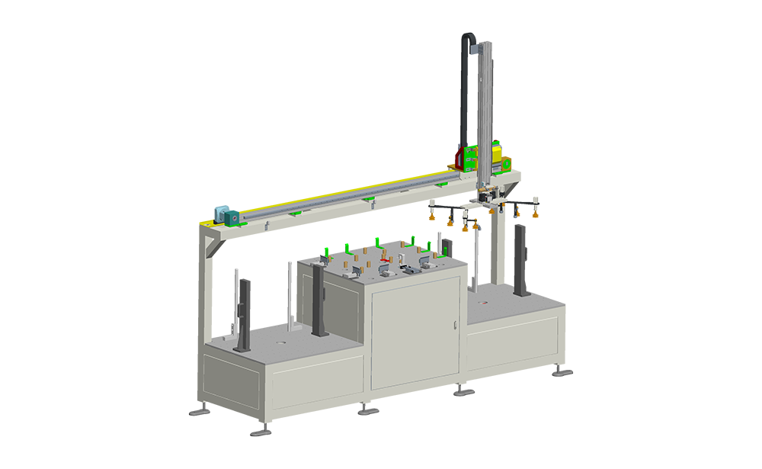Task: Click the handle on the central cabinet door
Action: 455,326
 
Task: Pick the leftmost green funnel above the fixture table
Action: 325,243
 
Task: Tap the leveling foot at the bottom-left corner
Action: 203,419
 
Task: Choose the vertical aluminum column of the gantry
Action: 485,107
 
